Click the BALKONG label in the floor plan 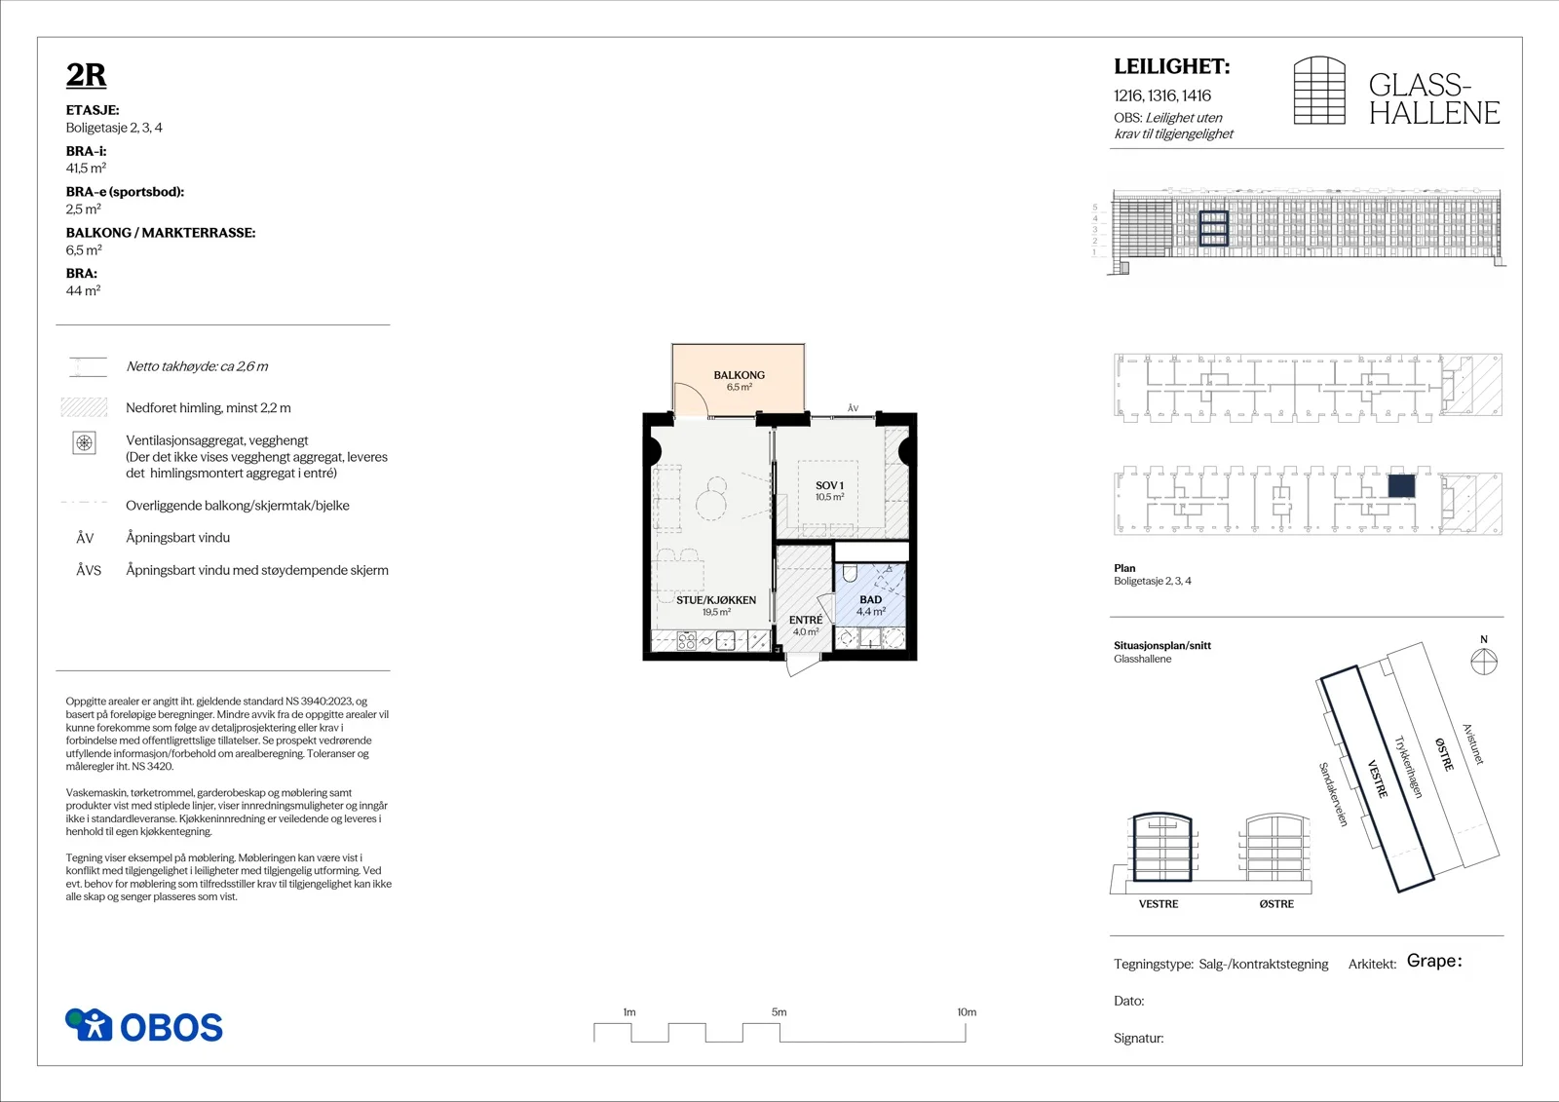[740, 374]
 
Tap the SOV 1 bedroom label [829, 485]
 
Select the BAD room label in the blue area [871, 599]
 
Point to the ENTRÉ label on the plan [806, 620]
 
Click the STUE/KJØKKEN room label [716, 599]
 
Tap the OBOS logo [144, 1025]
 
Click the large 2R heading [87, 75]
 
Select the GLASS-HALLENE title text [1433, 98]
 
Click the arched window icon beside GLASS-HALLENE [1319, 91]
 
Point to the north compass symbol [1484, 662]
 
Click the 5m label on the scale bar [779, 1012]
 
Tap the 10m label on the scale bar [967, 1012]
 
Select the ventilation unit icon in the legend [84, 442]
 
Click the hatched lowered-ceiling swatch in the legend [84, 407]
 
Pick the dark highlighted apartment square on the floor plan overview [1401, 486]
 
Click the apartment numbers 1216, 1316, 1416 [1162, 95]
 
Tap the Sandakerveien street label [1334, 794]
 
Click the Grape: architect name [1434, 962]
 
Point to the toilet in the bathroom [849, 573]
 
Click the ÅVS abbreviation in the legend [89, 570]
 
